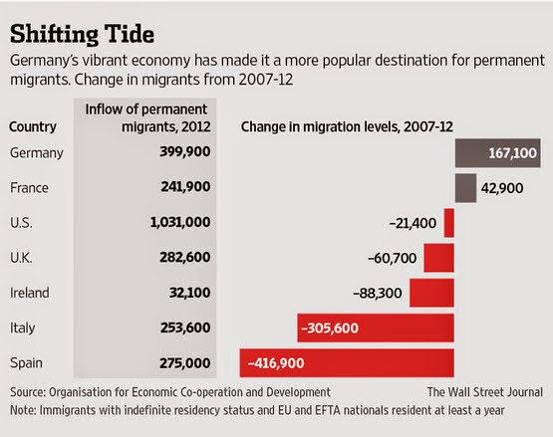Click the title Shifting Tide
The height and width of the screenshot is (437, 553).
(x=82, y=35)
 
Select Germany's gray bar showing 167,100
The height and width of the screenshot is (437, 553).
(x=497, y=153)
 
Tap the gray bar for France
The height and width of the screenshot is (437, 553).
(x=465, y=188)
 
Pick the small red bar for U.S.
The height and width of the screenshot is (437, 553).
(x=449, y=223)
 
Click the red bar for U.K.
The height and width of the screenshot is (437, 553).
(x=438, y=258)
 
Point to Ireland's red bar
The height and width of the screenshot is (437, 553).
(x=431, y=293)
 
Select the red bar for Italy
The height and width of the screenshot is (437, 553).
(x=376, y=328)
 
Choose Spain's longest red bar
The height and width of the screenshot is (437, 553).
(x=347, y=363)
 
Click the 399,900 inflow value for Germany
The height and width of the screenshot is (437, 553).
(x=185, y=151)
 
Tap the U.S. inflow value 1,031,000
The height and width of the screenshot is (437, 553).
(x=180, y=222)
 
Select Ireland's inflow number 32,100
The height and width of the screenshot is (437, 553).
(x=189, y=293)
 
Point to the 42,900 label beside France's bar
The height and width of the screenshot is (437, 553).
(x=502, y=188)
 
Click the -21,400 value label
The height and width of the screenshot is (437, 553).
(x=413, y=223)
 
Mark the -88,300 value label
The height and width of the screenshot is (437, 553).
(x=378, y=294)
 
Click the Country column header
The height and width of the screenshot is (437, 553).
(x=33, y=126)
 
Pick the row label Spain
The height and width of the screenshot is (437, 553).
(x=26, y=363)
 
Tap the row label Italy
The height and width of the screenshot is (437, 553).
(x=22, y=328)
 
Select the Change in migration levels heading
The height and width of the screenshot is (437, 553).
(x=347, y=126)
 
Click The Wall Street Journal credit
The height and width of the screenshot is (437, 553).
(x=485, y=392)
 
